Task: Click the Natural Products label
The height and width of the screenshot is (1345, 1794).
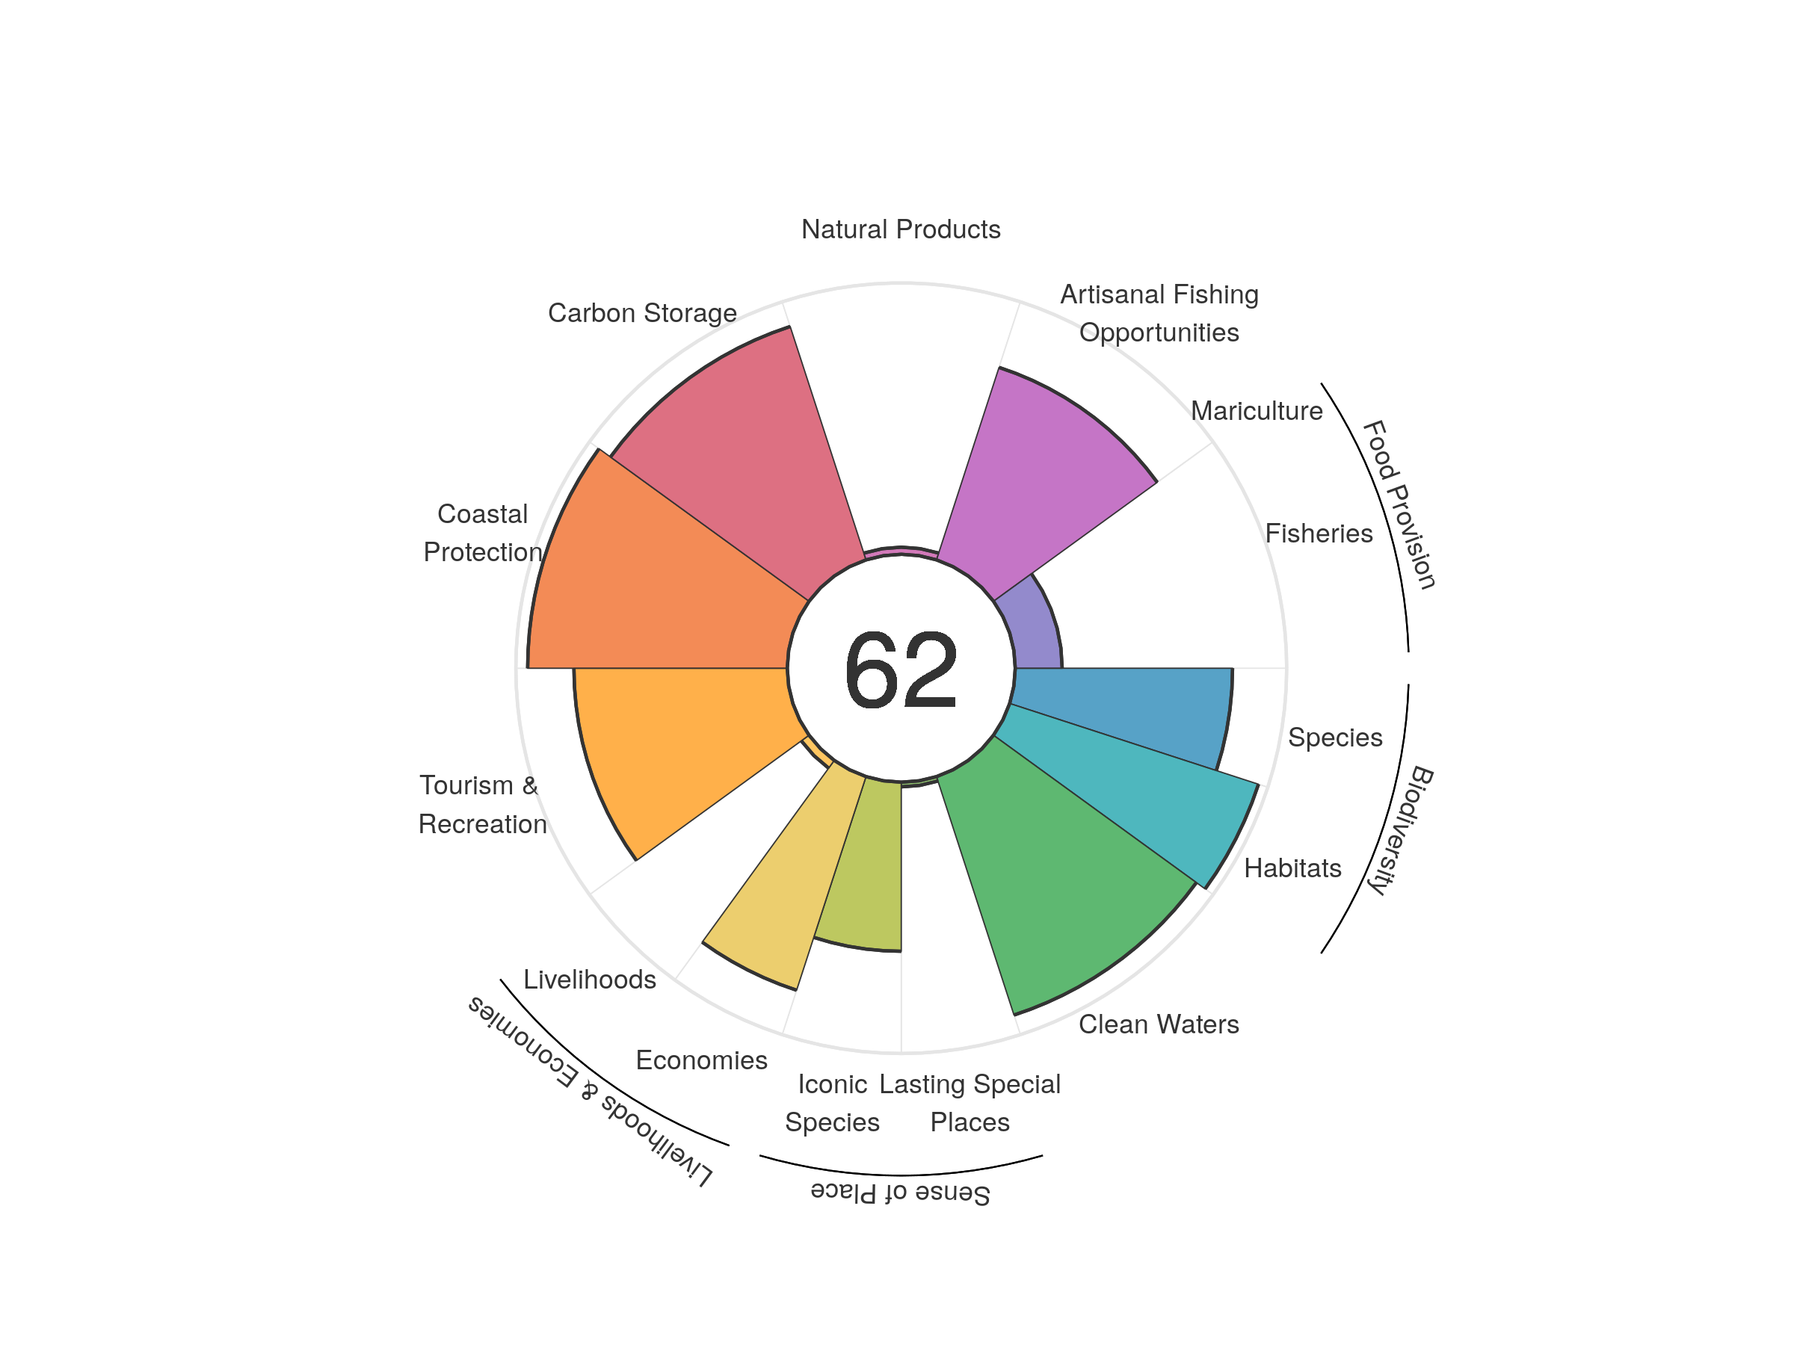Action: click(x=900, y=229)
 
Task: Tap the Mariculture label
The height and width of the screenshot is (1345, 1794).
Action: click(x=1257, y=411)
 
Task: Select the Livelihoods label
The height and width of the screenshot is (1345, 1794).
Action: click(x=590, y=980)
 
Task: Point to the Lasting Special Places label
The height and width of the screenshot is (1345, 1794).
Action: click(x=970, y=1103)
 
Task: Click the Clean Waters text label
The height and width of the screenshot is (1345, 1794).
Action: click(x=1158, y=1024)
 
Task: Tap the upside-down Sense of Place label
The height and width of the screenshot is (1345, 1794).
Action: click(x=900, y=1193)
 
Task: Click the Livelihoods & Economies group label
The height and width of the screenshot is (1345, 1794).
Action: click(x=591, y=1090)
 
